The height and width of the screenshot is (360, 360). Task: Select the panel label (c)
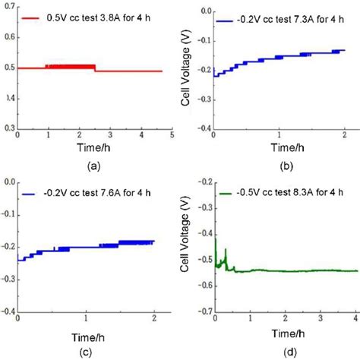(90, 349)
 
